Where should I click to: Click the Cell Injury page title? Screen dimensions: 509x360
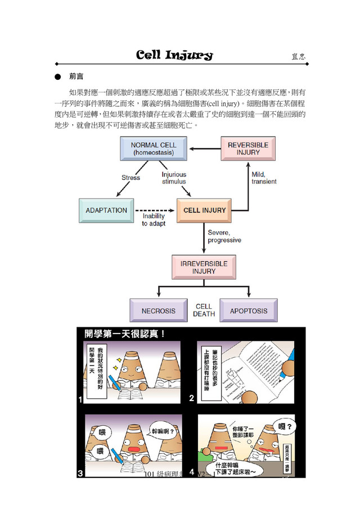(x=174, y=55)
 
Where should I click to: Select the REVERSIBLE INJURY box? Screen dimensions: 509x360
(x=247, y=148)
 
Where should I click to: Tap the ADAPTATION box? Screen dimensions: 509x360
(x=106, y=210)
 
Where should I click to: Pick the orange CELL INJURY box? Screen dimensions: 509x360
(x=205, y=210)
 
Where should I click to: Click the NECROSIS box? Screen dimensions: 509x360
(x=158, y=310)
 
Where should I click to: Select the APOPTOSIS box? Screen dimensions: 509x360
(x=248, y=310)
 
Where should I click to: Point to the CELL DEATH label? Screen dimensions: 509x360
(x=204, y=310)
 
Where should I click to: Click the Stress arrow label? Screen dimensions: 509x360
(x=130, y=178)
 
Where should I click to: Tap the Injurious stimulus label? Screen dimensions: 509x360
(x=174, y=178)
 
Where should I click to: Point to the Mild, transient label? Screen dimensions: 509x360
(x=264, y=178)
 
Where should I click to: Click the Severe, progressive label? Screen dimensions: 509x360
(x=224, y=236)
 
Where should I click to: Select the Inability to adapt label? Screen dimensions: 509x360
(x=154, y=220)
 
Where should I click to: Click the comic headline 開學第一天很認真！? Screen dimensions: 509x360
(x=124, y=334)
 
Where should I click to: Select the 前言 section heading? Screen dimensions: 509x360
(x=76, y=75)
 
